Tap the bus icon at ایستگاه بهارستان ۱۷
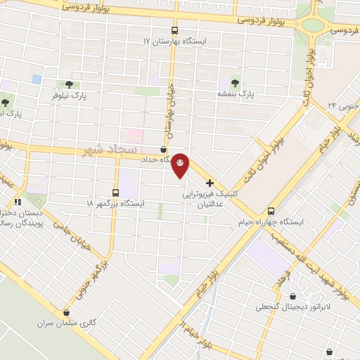coord(175,31)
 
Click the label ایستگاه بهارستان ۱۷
coord(176,42)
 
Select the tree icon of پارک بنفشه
coord(234,82)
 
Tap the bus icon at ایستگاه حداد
coord(164,150)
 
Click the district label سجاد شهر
coord(110,150)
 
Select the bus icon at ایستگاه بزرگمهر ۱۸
coord(117,192)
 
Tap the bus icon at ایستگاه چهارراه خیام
coord(272,212)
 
